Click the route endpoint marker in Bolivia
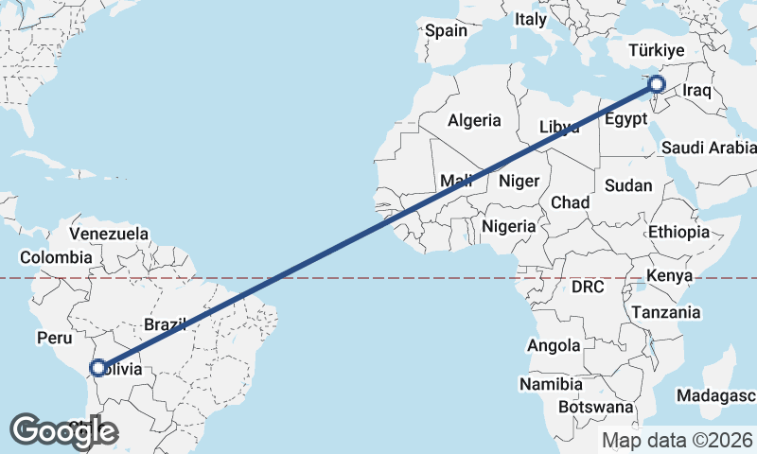pyautogui.click(x=97, y=367)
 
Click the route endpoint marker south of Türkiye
pyautogui.click(x=656, y=86)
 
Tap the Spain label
pyautogui.click(x=446, y=30)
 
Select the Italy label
pyautogui.click(x=531, y=19)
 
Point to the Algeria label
pyautogui.click(x=474, y=120)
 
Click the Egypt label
pyautogui.click(x=625, y=119)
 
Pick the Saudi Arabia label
pyautogui.click(x=708, y=148)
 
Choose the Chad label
pyautogui.click(x=570, y=202)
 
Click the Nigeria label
pyautogui.click(x=509, y=226)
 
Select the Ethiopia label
pyautogui.click(x=678, y=232)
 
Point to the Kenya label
pyautogui.click(x=670, y=276)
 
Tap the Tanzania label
pyautogui.click(x=666, y=312)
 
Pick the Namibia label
pyautogui.click(x=549, y=384)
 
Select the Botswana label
pyautogui.click(x=596, y=407)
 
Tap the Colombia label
pyautogui.click(x=57, y=256)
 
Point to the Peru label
pyautogui.click(x=54, y=337)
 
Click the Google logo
pyautogui.click(x=63, y=431)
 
